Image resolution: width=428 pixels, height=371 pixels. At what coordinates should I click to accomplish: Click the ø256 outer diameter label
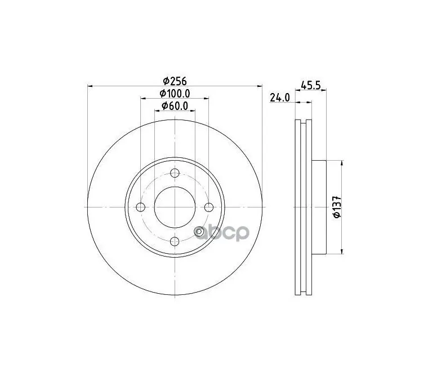click(x=175, y=80)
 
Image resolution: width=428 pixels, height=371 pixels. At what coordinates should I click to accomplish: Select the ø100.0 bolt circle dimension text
click(x=175, y=93)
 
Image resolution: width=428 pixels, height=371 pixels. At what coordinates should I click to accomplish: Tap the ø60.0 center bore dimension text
click(x=175, y=106)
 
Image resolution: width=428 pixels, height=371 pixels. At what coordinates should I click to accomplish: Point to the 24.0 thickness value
click(x=279, y=98)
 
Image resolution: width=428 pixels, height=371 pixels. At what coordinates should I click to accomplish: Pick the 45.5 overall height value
click(x=311, y=86)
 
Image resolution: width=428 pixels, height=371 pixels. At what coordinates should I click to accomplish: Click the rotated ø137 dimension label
click(x=336, y=207)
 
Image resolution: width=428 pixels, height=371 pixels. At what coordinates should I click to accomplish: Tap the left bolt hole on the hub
click(x=141, y=207)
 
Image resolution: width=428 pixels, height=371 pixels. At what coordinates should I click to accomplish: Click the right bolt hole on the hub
click(x=209, y=207)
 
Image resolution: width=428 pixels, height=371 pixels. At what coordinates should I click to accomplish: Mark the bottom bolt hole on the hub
click(x=175, y=242)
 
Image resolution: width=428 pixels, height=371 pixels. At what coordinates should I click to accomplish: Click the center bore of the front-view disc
click(x=175, y=207)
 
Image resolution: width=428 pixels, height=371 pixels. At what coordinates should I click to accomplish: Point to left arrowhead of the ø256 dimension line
click(x=91, y=86)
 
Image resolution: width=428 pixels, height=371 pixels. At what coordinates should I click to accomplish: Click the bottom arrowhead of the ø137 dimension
click(x=341, y=252)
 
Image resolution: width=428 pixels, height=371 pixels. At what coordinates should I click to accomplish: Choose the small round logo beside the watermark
click(x=199, y=233)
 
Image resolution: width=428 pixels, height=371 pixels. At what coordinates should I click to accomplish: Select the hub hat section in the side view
click(x=318, y=207)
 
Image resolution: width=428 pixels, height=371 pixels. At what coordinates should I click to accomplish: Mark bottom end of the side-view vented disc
click(x=303, y=292)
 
